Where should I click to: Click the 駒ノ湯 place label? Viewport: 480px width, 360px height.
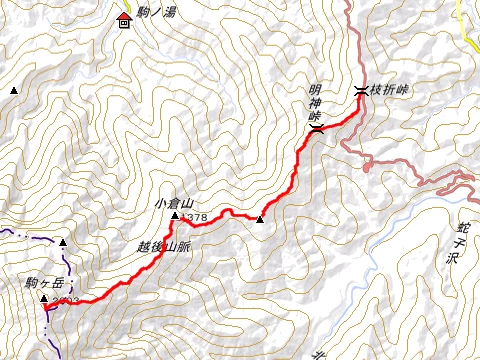(156, 10)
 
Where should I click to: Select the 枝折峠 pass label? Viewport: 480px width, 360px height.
(390, 90)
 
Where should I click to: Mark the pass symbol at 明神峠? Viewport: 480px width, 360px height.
(315, 127)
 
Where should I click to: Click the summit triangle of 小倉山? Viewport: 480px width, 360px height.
(175, 216)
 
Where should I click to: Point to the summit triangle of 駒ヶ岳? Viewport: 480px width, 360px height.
(44, 298)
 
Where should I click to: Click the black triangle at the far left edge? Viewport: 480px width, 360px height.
(13, 91)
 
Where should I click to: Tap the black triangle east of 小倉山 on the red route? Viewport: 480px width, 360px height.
(260, 220)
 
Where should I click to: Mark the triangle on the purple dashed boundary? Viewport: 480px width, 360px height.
(63, 243)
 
